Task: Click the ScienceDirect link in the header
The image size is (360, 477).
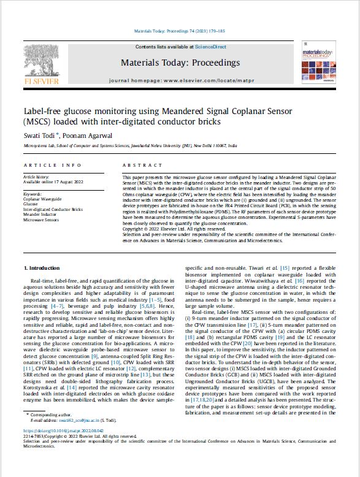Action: (x=212, y=47)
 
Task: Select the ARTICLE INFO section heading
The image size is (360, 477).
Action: (x=52, y=166)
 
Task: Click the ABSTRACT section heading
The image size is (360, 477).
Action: (x=142, y=166)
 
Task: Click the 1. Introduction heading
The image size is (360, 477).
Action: (x=42, y=269)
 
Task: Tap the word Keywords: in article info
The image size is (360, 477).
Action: (x=34, y=194)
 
